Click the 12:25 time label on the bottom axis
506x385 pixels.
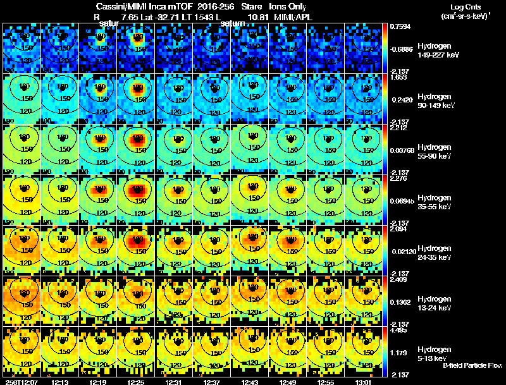pos(135,382)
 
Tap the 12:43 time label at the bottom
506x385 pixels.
pos(249,382)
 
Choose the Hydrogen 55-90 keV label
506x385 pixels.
pos(437,151)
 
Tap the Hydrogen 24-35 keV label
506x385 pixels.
pos(437,252)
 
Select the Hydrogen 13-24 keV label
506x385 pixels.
pos(437,303)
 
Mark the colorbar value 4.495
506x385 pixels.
pos(398,329)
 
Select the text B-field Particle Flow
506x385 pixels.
pos(472,365)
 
